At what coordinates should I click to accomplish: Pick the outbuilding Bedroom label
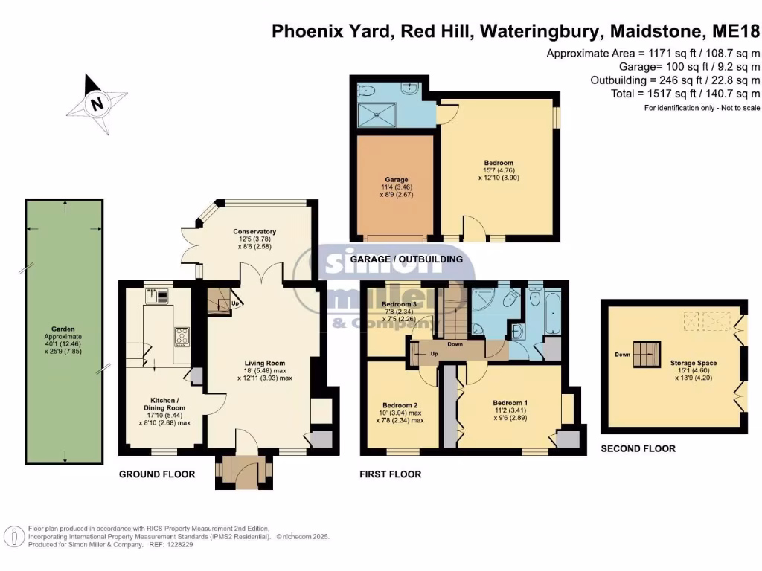(498, 163)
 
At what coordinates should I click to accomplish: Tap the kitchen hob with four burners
(182, 338)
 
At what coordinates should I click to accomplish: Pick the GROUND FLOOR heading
(158, 474)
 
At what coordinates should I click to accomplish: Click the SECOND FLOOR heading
(638, 448)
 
